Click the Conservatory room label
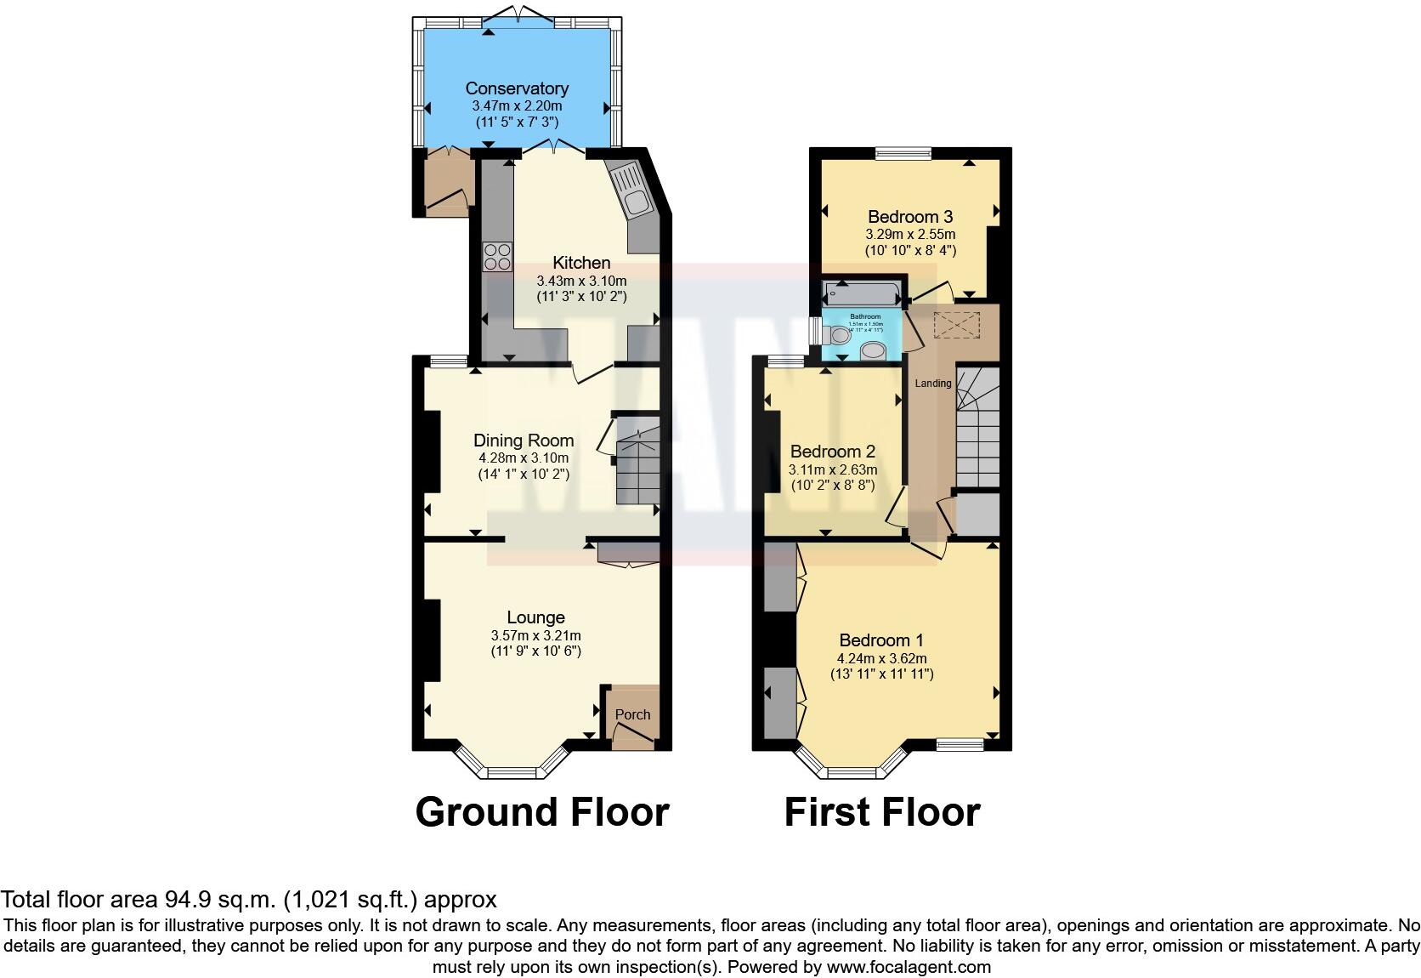(x=517, y=88)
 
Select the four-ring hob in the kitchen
(x=498, y=256)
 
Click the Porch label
(x=632, y=714)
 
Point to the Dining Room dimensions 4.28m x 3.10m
(x=523, y=458)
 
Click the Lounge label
(x=535, y=617)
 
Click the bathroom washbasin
(x=873, y=350)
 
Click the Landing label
(x=932, y=384)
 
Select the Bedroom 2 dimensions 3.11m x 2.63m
(x=833, y=469)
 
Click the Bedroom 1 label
(x=881, y=640)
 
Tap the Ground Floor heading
(x=541, y=811)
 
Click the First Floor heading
(x=881, y=811)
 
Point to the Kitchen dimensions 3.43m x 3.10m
(x=581, y=281)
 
